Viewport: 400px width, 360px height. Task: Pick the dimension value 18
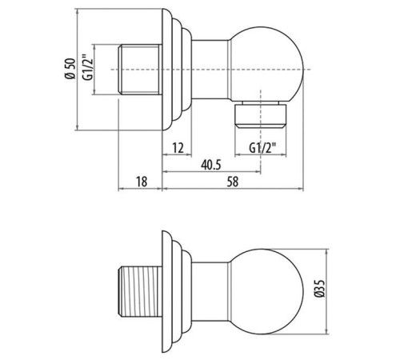[x=141, y=182]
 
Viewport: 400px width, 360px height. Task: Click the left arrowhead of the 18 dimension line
[x=121, y=190]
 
